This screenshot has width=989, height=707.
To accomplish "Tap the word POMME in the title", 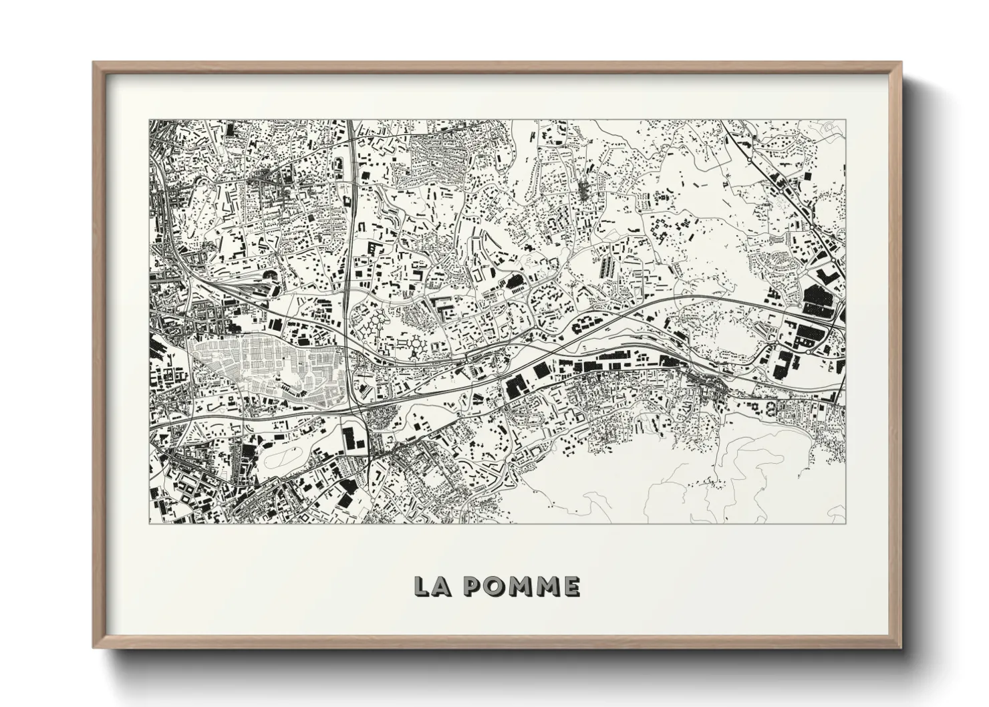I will pyautogui.click(x=521, y=586).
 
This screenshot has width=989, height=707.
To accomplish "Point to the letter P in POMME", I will pyautogui.click(x=472, y=586).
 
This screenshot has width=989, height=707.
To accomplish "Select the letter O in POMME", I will pyautogui.click(x=495, y=586).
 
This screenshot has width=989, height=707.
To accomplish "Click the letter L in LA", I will pyautogui.click(x=422, y=586).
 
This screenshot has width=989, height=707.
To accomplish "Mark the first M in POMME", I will pyautogui.click(x=520, y=586).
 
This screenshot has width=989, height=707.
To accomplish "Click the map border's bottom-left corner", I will pyautogui.click(x=149, y=523).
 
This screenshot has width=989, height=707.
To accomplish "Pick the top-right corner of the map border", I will pyautogui.click(x=846, y=120).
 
